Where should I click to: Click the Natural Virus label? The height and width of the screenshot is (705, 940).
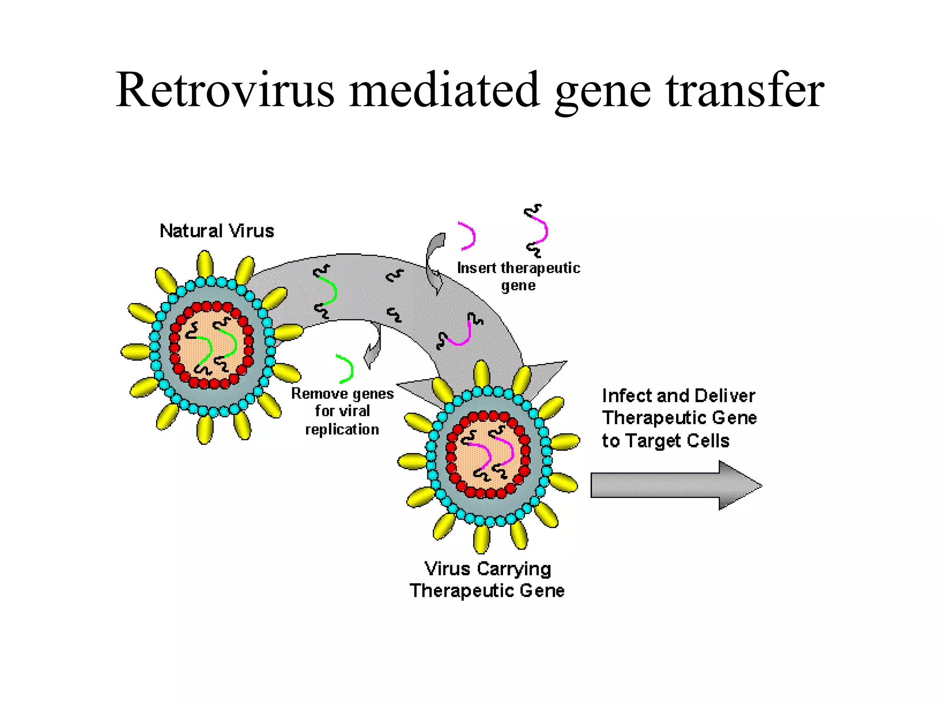[x=217, y=231]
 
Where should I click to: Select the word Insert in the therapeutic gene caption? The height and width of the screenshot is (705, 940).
[x=476, y=268]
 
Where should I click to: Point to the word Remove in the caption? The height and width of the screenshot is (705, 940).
[x=319, y=393]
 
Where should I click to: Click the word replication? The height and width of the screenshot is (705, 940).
[x=342, y=429]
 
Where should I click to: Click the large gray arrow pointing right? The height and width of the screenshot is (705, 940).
[x=675, y=485]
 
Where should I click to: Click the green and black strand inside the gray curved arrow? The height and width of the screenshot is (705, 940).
[x=326, y=291]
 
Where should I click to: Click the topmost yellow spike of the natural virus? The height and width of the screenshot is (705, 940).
[x=205, y=264]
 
